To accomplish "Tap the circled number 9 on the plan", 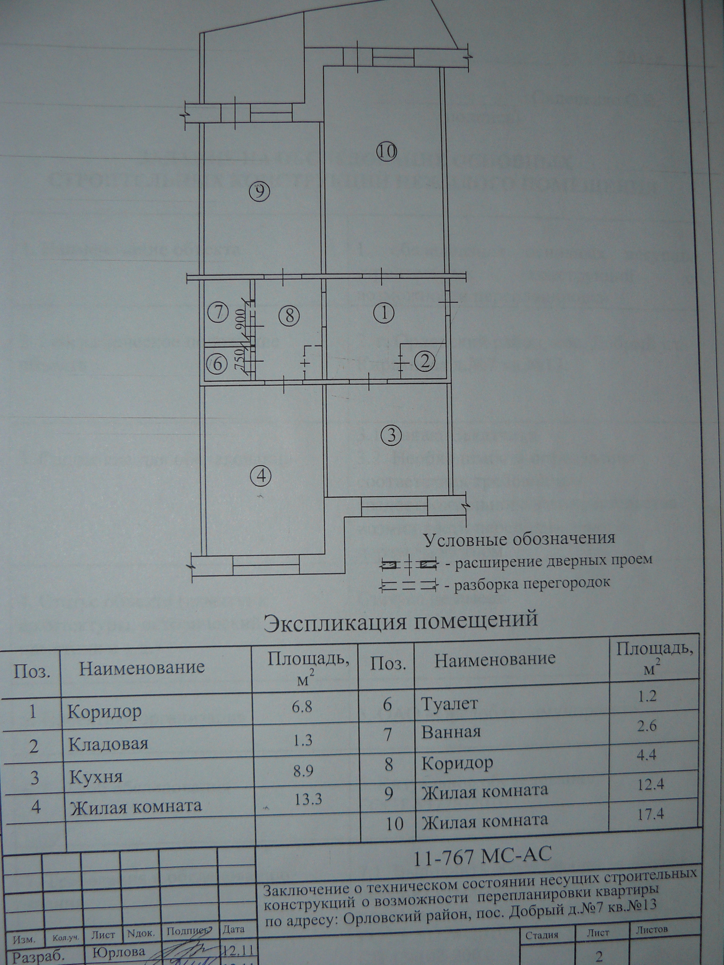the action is [260, 191].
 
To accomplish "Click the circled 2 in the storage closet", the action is [425, 360].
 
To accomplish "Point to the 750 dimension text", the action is [239, 360].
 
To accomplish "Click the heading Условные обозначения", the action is [519, 538].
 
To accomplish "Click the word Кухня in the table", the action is [95, 777].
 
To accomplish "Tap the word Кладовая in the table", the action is [108, 743].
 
